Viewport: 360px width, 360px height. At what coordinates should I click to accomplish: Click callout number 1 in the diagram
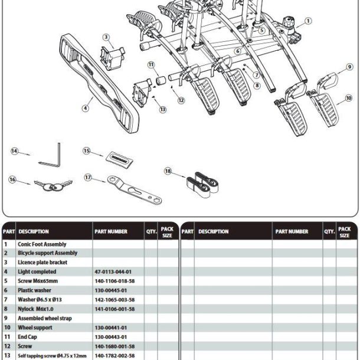click(307, 22)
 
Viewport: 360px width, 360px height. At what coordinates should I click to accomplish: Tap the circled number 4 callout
click(86, 108)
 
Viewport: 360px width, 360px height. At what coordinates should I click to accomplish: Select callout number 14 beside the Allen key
click(15, 151)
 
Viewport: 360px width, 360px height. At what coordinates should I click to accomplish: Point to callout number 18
click(168, 171)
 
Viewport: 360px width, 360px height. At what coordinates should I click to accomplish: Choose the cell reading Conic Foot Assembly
click(42, 244)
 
